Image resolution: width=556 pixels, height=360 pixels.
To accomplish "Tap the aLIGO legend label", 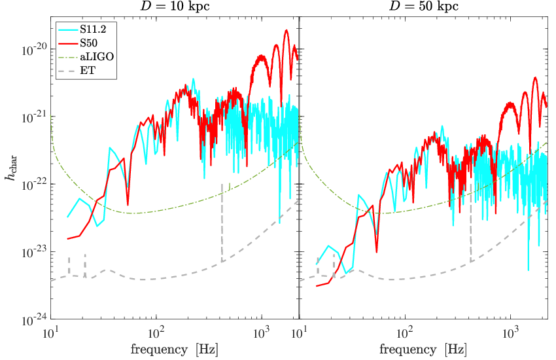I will (97, 56).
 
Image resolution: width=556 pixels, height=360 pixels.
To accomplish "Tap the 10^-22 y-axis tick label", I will (33, 185).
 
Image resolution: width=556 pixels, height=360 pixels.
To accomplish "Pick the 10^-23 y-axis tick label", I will (33, 252).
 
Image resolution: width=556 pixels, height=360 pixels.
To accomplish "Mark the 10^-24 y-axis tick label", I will (33, 320).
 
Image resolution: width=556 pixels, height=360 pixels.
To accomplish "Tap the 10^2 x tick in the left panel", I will (156, 333).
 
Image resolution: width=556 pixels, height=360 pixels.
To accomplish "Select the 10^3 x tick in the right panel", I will (510, 333).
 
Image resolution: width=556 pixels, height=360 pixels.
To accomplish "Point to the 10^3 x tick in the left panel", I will (262, 333).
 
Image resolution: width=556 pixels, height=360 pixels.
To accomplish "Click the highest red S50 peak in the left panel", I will (286, 30).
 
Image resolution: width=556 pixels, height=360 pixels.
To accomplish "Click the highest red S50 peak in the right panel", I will (535, 77).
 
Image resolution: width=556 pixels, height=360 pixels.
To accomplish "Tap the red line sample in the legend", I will (67, 43).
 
